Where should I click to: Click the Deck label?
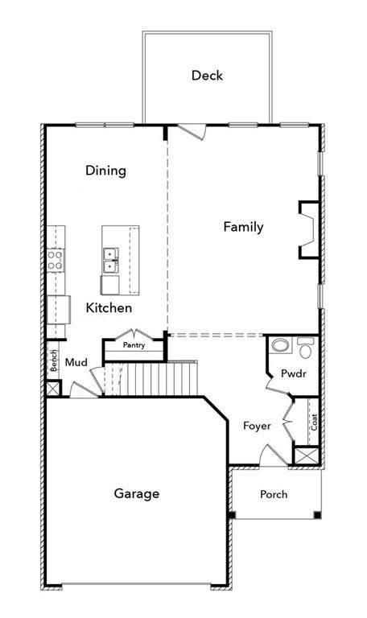point(207,76)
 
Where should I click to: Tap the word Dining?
point(106,170)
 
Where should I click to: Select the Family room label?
point(243,227)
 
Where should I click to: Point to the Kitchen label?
point(109,307)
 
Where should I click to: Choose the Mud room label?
point(76,363)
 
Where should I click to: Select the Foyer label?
point(257,425)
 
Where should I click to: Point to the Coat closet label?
point(315,421)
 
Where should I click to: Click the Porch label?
point(274,494)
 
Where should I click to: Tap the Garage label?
point(136,493)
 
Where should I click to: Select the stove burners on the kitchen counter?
point(56,259)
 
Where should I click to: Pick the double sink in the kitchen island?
point(109,260)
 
